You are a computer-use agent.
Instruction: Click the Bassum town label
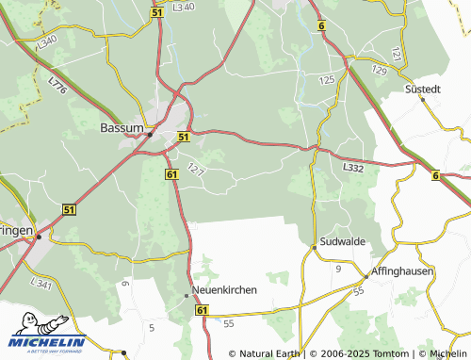click(122, 126)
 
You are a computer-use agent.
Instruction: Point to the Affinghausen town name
click(395, 267)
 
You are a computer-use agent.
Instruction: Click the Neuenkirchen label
click(224, 289)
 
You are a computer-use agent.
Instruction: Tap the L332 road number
click(353, 167)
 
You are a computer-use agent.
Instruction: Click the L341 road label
click(41, 283)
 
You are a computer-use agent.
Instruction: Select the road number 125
click(327, 81)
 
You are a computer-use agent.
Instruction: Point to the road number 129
click(379, 71)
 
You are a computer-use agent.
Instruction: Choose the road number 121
click(396, 55)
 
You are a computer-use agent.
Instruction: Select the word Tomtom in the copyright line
click(392, 354)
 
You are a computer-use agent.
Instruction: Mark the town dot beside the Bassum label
click(150, 134)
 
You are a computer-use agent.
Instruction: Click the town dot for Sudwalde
click(314, 248)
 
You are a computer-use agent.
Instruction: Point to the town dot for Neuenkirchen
click(186, 296)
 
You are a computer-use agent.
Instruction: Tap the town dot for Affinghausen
click(365, 276)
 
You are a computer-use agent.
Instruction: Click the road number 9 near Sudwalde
click(338, 270)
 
